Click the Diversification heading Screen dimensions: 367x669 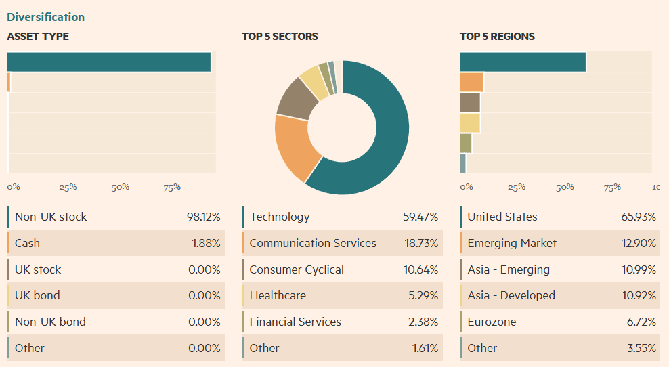tap(46, 17)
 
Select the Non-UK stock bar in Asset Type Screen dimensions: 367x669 tap(108, 62)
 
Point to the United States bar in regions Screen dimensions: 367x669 tap(522, 62)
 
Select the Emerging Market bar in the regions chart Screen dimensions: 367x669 tap(471, 83)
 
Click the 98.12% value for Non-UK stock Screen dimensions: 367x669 tap(203, 217)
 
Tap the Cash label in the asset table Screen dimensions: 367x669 tap(27, 243)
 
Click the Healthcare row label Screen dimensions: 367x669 tap(278, 295)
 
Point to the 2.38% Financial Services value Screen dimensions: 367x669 tap(423, 322)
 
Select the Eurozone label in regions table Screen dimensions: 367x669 tap(492, 322)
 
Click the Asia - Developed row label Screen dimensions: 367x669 tap(511, 295)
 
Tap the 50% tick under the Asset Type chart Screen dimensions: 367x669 tap(120, 187)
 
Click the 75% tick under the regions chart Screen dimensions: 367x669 tap(612, 187)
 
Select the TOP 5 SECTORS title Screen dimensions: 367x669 tap(280, 37)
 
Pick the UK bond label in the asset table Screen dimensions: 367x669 tap(37, 295)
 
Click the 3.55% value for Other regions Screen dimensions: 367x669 tap(641, 348)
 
